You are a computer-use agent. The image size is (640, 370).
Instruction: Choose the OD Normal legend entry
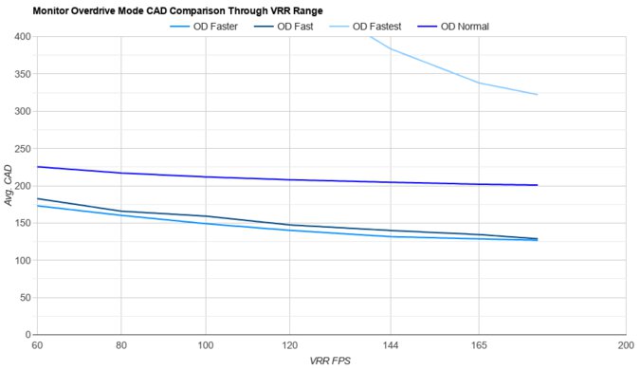(x=465, y=26)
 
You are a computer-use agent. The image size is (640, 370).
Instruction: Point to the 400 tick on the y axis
(x=21, y=37)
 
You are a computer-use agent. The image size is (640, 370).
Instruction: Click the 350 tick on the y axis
(x=21, y=74)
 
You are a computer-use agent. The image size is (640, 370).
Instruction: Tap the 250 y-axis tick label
(x=21, y=149)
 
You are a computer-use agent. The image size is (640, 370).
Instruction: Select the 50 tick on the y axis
(x=24, y=298)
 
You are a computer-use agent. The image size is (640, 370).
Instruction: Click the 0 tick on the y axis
(x=27, y=335)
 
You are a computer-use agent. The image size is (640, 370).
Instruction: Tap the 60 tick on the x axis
(x=37, y=346)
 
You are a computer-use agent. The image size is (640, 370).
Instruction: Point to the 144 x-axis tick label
(x=391, y=346)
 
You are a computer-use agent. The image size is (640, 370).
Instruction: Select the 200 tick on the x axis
(x=625, y=346)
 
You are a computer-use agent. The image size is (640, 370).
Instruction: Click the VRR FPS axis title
(x=330, y=361)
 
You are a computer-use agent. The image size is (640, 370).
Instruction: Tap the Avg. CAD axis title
(x=9, y=186)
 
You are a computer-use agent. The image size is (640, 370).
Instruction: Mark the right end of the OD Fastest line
(x=538, y=95)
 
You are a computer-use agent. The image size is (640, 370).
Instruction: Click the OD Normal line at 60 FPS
(x=37, y=167)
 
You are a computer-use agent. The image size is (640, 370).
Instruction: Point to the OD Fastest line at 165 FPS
(x=479, y=83)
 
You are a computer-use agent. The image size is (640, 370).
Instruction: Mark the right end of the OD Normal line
(x=538, y=185)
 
